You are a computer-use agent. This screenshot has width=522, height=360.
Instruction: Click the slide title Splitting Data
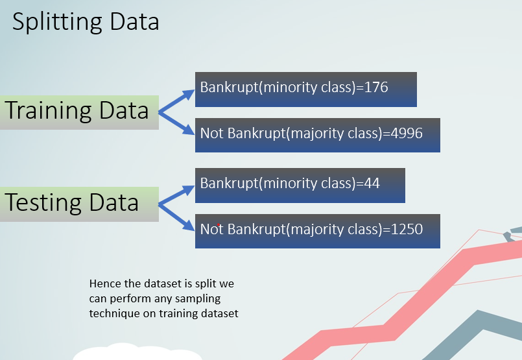click(x=86, y=22)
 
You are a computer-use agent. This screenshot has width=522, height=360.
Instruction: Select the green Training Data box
click(x=79, y=113)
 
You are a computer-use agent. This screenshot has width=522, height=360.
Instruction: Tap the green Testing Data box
click(x=79, y=204)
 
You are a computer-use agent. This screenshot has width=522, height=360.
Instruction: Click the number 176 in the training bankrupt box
click(x=376, y=88)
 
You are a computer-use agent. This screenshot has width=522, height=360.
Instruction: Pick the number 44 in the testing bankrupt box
click(x=372, y=183)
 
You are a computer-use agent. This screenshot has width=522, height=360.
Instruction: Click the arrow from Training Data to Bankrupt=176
click(x=176, y=101)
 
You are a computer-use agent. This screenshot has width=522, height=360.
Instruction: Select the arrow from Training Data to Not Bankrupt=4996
click(x=176, y=123)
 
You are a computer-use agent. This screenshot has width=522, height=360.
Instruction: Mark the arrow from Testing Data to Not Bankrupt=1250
click(x=176, y=217)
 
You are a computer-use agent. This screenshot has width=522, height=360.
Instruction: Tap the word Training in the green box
click(x=48, y=111)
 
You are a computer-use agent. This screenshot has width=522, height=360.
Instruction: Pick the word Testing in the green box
click(x=43, y=203)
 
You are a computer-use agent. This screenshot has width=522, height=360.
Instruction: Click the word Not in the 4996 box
click(x=211, y=133)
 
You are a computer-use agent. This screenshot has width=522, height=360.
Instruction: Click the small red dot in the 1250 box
click(x=219, y=225)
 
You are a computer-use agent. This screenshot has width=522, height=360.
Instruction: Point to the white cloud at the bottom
click(x=137, y=352)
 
